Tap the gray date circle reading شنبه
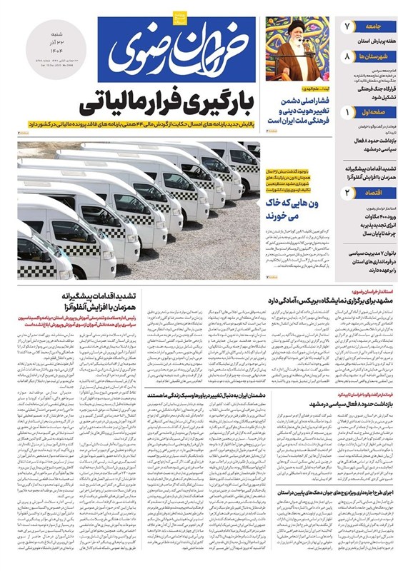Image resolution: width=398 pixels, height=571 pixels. coord(48,47)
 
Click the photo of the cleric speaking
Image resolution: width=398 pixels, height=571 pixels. coord(298,47)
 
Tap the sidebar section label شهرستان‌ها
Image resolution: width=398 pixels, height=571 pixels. coord(374,55)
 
